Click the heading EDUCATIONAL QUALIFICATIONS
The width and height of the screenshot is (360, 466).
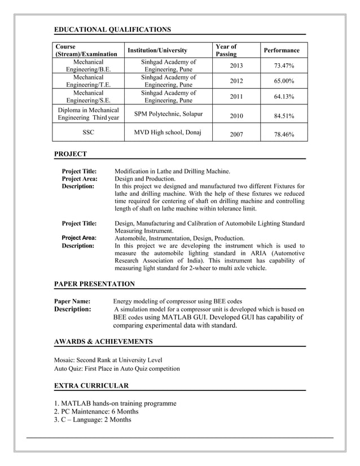(x=112, y=29)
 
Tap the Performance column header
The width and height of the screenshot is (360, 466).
(x=282, y=50)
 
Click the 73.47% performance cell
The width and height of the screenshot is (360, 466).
(x=284, y=66)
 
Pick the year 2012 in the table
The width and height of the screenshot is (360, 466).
(x=236, y=81)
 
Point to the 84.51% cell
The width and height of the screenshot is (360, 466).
(x=284, y=116)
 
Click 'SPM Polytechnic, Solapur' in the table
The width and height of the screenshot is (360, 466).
(x=168, y=114)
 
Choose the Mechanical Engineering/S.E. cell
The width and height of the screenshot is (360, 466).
(x=88, y=96)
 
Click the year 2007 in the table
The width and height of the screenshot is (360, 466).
(x=236, y=135)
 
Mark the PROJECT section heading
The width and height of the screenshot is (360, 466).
(x=71, y=153)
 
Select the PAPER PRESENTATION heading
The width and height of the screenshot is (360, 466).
(x=94, y=284)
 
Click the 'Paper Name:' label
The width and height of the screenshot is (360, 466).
(x=72, y=301)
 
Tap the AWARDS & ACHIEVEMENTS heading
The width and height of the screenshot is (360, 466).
(x=103, y=341)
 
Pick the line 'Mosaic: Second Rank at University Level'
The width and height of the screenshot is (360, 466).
(x=108, y=359)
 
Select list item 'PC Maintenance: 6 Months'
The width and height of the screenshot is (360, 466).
(x=96, y=411)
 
